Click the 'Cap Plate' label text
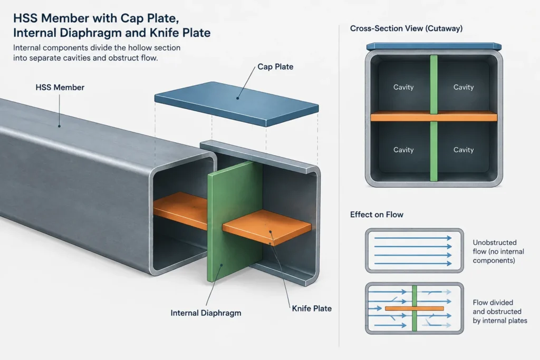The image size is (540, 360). tap(275, 67)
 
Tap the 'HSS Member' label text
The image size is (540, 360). tap(60, 87)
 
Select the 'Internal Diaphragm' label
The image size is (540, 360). tap(206, 313)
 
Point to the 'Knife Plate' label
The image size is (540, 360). tap(312, 308)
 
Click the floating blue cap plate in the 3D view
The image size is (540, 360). tap(237, 103)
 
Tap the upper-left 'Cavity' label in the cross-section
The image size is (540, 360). tap(403, 87)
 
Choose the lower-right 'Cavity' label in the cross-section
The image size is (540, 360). tap(464, 150)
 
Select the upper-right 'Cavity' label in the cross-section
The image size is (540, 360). tap(464, 87)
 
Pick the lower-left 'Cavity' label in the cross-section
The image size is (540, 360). tap(403, 150)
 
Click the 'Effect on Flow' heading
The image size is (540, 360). tap(377, 215)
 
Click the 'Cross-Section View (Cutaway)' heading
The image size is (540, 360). tap(406, 28)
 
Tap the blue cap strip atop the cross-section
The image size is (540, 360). tap(434, 46)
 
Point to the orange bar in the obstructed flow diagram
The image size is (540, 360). tap(414, 308)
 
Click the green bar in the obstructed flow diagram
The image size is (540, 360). tap(414, 308)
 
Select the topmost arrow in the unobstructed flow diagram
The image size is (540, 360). tap(413, 238)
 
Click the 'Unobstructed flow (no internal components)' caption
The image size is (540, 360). tap(498, 251)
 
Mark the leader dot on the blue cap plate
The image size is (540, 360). tap(237, 98)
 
